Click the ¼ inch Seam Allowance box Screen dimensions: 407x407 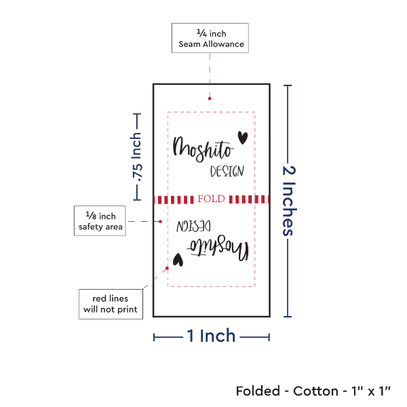[210, 38]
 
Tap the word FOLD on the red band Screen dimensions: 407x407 [211, 199]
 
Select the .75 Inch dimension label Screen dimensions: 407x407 [137, 157]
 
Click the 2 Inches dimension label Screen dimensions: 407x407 [289, 200]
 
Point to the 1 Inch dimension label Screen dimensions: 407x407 [211, 335]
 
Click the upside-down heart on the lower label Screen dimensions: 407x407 [178, 258]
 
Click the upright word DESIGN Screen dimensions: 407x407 [227, 172]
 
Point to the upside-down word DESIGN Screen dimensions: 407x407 [195, 225]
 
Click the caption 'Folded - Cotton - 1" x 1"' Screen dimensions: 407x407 [313, 391]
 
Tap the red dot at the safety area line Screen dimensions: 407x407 [161, 221]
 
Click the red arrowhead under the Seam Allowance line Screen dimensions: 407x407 [209, 100]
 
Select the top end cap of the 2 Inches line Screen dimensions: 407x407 [288, 85]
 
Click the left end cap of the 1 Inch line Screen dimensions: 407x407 [153, 337]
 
